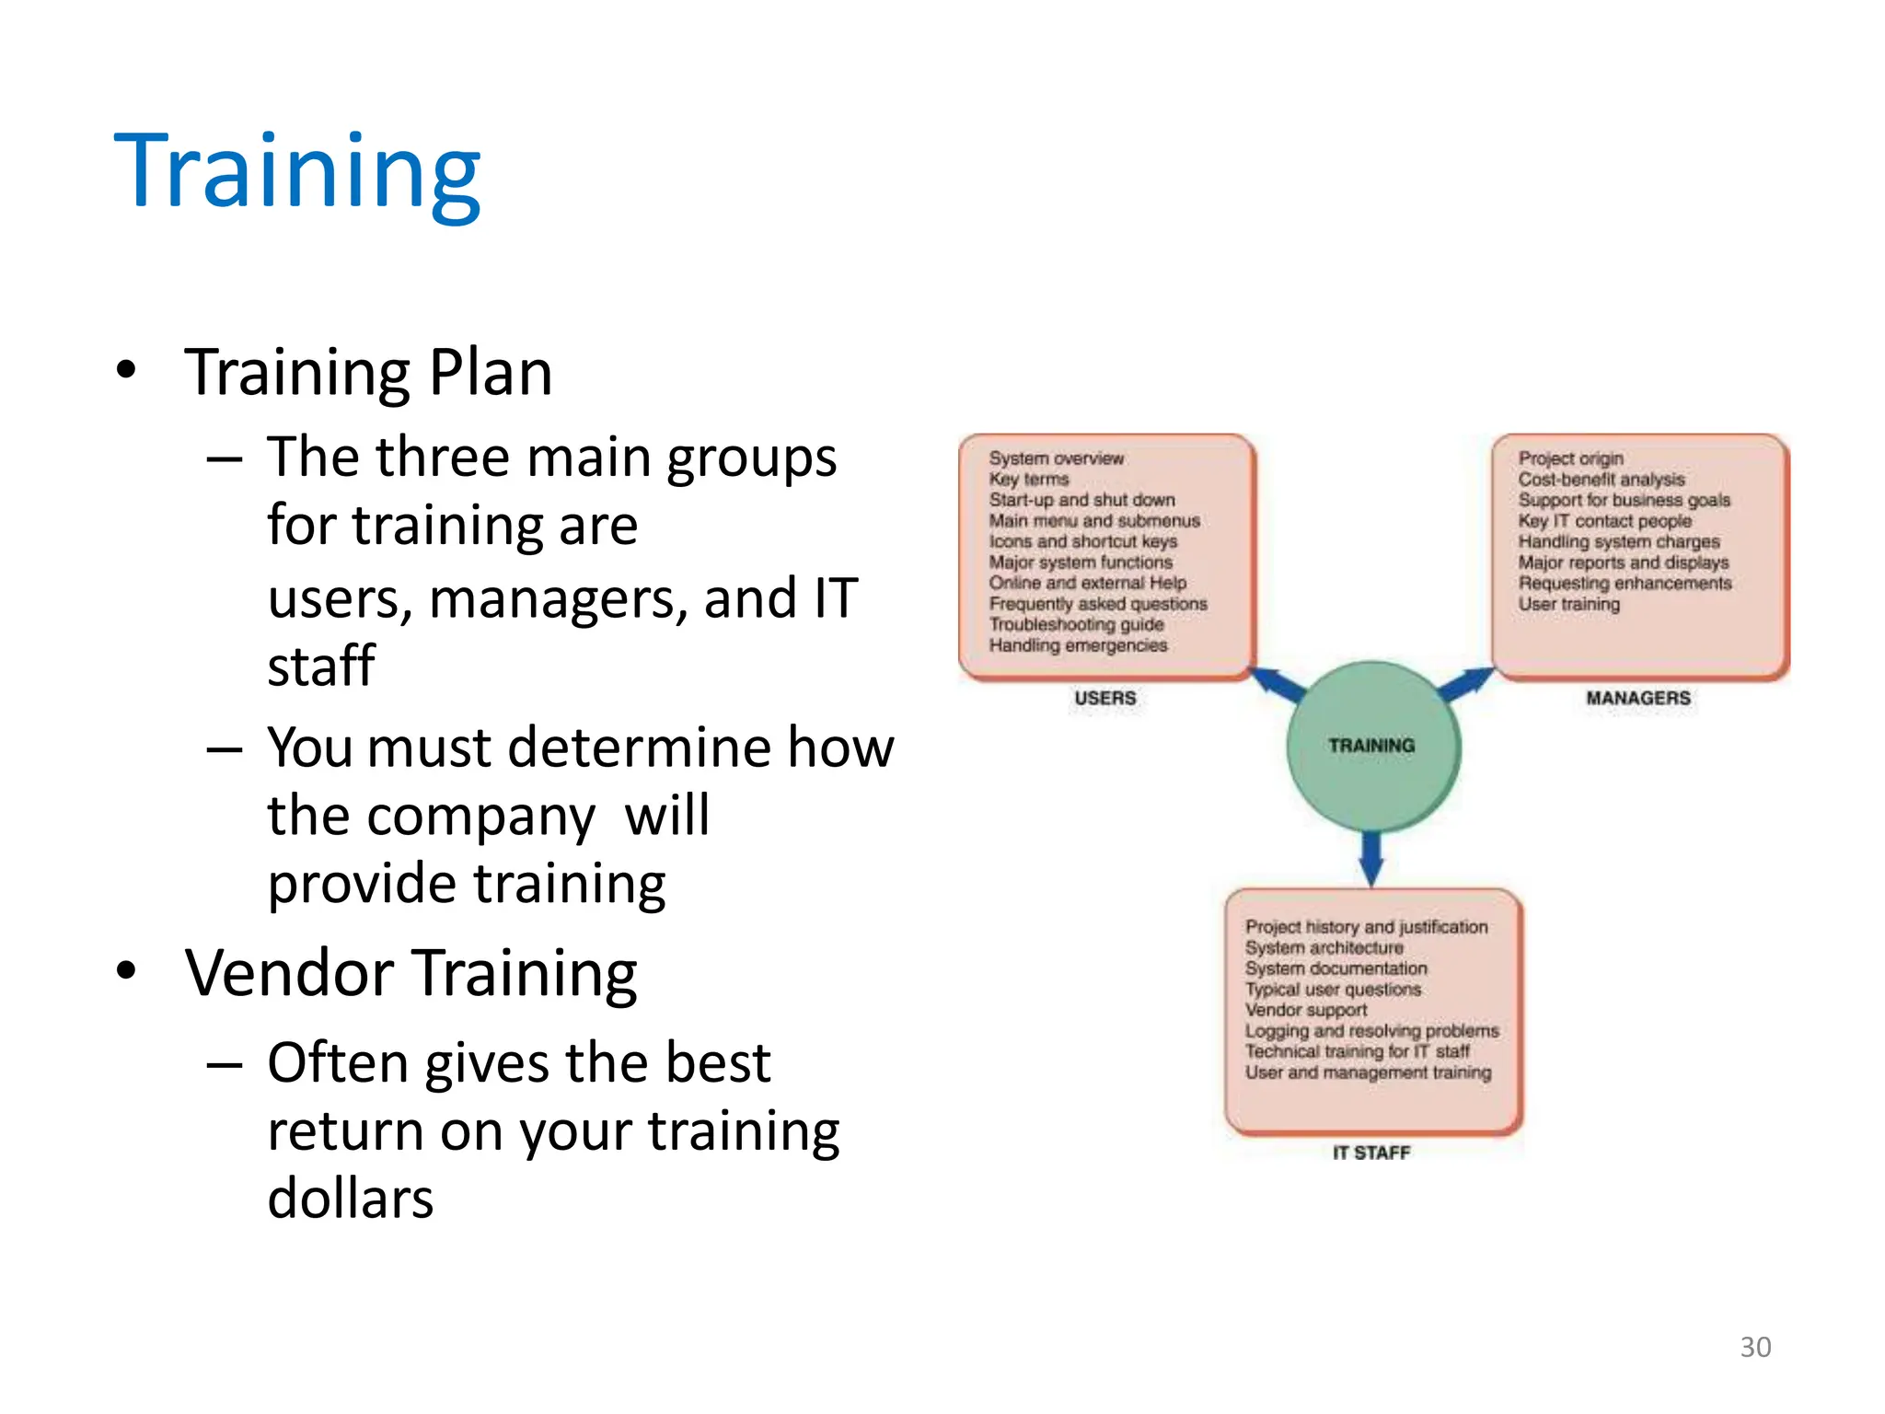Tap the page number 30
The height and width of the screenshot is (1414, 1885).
[1755, 1347]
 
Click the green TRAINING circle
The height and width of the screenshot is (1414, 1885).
[1371, 746]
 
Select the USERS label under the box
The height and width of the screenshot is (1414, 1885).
[1104, 698]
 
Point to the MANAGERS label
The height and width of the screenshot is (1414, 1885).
[1638, 698]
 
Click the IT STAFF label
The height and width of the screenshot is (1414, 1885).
[1371, 1153]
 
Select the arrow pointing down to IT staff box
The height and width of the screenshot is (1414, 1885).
[1371, 857]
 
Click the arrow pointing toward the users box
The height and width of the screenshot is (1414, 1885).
[1277, 684]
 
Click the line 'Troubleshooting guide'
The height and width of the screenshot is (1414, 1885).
[1076, 624]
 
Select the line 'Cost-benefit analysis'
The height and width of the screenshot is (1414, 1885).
[1601, 479]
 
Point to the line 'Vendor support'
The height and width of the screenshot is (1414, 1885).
[1305, 1010]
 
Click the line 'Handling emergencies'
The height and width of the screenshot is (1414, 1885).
[1078, 645]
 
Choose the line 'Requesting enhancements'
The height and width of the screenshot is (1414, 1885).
[1625, 583]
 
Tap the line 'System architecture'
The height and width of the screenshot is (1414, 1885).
[1324, 947]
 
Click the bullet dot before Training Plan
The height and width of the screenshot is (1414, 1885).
[127, 371]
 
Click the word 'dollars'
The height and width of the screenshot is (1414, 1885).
[350, 1198]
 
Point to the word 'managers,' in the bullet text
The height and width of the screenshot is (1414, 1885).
[559, 598]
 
